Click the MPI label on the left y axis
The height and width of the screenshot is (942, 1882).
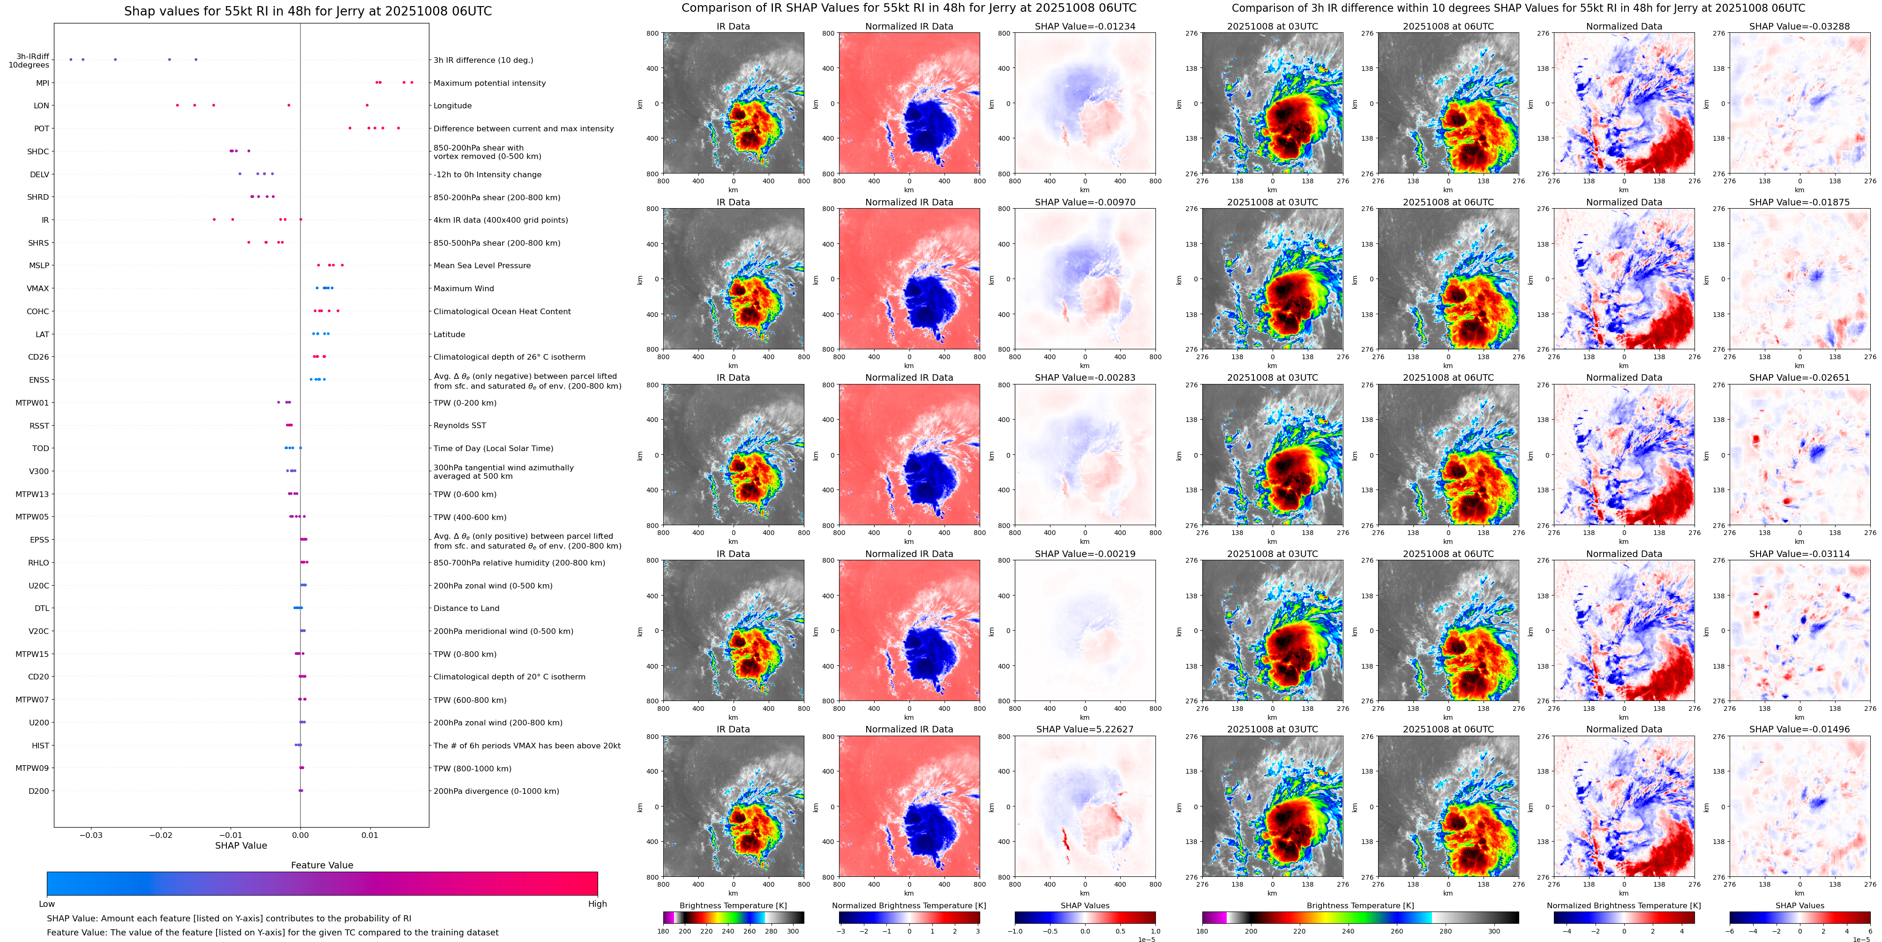(42, 83)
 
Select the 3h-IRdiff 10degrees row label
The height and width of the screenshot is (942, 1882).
(29, 60)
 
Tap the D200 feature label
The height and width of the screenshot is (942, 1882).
(39, 791)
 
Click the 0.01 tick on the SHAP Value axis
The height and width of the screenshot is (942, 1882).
(370, 835)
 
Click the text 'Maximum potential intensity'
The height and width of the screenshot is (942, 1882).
(489, 83)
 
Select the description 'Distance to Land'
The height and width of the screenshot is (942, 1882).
(466, 608)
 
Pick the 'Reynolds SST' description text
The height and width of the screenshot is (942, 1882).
(459, 425)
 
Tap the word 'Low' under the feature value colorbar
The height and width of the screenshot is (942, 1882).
(47, 904)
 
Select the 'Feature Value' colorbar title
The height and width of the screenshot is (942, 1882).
(322, 865)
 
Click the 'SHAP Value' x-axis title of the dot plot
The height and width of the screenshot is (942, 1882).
(240, 845)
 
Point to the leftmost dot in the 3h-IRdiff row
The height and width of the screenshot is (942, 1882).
(71, 59)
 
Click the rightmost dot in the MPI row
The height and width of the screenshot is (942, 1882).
(412, 83)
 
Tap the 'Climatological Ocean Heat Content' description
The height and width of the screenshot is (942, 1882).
(502, 311)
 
